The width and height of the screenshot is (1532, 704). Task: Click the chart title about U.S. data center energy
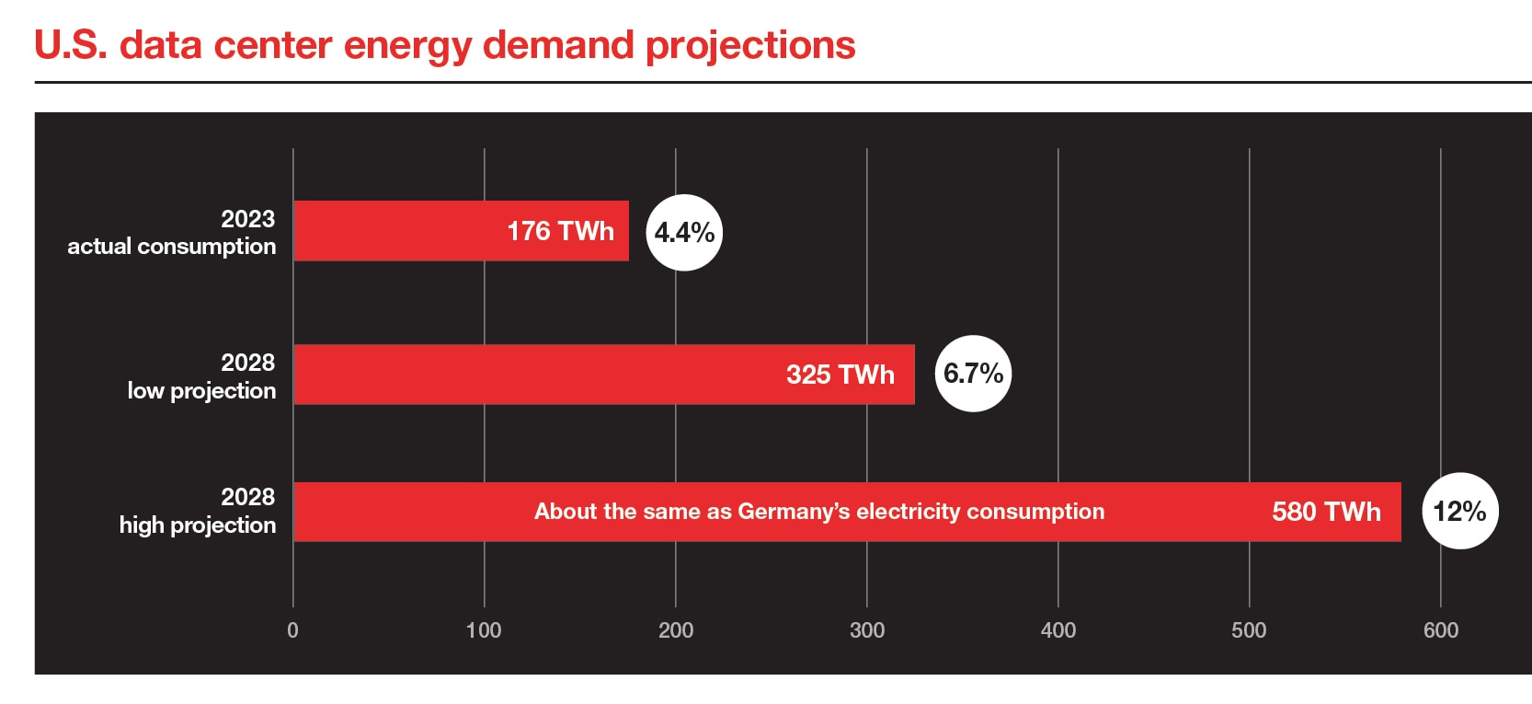click(x=445, y=45)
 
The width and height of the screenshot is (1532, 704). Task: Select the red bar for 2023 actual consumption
click(x=395, y=231)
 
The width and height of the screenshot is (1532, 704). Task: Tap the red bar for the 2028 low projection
click(x=533, y=375)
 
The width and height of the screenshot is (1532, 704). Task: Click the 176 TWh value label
click(x=560, y=231)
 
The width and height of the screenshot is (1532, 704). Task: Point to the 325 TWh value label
click(x=840, y=375)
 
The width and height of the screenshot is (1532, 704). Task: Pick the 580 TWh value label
click(x=1326, y=512)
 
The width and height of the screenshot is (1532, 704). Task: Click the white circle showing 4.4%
click(x=684, y=233)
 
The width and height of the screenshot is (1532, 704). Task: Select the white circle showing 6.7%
click(x=973, y=374)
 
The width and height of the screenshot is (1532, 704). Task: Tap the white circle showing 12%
click(x=1459, y=511)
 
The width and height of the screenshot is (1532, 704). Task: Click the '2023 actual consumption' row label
click(x=172, y=233)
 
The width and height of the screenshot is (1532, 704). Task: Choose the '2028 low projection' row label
click(x=201, y=376)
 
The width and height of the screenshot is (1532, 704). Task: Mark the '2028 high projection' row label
click(x=198, y=511)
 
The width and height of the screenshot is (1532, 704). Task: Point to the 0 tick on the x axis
click(x=292, y=630)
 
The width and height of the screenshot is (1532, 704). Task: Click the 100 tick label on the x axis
click(x=484, y=630)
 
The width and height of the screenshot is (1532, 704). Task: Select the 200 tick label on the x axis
click(x=676, y=630)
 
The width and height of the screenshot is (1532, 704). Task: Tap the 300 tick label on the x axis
click(x=867, y=630)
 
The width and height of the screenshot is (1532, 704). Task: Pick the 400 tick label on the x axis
click(x=1058, y=630)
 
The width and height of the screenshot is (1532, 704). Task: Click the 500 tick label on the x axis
click(x=1249, y=630)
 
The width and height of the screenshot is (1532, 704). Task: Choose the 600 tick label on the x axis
click(x=1441, y=630)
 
